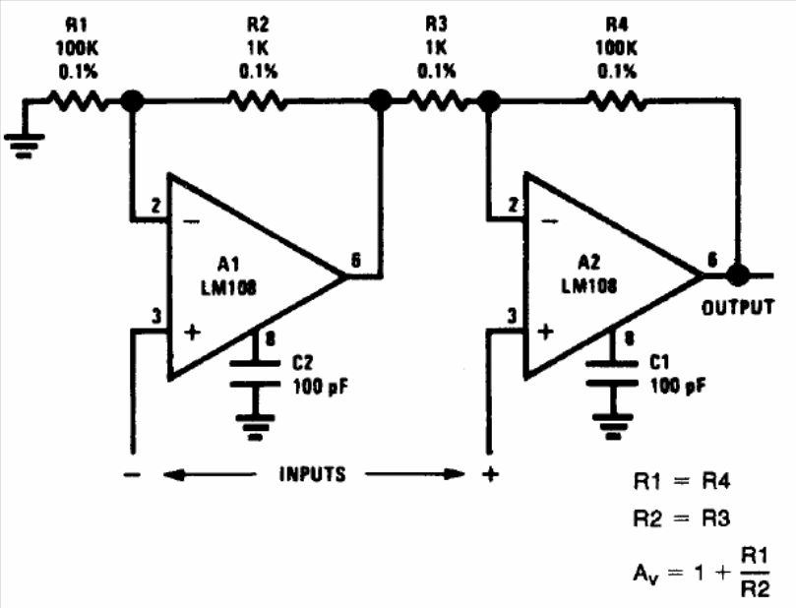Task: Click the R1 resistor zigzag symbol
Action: coord(78,101)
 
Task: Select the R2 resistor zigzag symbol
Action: coord(257,101)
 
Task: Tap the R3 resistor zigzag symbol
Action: coord(437,101)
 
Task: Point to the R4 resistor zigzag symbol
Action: coord(617,101)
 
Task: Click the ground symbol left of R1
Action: coord(24,146)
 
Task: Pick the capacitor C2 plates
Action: coord(255,374)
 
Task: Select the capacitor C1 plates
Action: coord(612,374)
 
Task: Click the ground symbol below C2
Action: coord(255,427)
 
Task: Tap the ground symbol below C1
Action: coord(612,426)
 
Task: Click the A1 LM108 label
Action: coord(228,276)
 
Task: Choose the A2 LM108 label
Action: coord(588,275)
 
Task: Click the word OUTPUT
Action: coord(738,308)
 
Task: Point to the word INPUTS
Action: coord(313,474)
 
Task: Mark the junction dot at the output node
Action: coord(738,275)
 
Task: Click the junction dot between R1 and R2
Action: coord(133,100)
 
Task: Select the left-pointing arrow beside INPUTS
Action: coord(210,475)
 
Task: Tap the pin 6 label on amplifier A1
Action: coord(356,261)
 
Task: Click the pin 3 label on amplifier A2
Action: coord(512,316)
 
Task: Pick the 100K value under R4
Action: coord(616,48)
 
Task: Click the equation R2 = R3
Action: coord(682,518)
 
